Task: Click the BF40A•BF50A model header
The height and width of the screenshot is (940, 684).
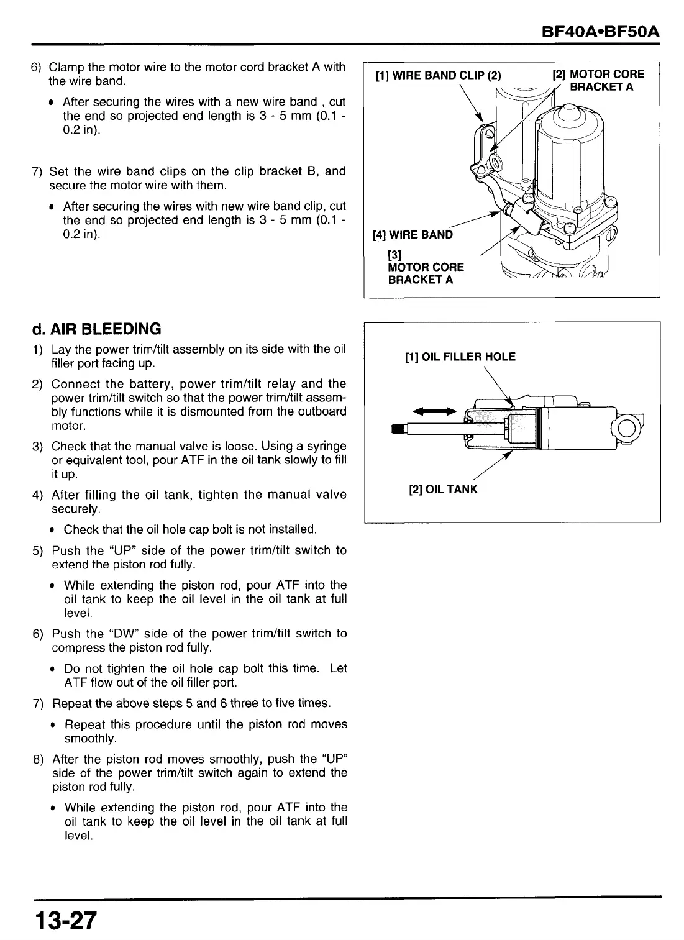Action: (x=600, y=32)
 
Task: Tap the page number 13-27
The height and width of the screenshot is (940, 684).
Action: (x=66, y=919)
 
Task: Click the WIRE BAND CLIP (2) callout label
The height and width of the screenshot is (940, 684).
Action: (x=438, y=76)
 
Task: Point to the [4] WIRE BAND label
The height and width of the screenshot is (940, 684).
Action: (x=413, y=235)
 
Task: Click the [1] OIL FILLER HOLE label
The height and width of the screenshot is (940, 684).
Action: (x=460, y=357)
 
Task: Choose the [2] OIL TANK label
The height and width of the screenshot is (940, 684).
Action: (x=443, y=490)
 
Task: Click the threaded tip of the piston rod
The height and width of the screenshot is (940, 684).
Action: (x=398, y=427)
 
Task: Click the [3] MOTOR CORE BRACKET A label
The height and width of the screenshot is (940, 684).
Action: (x=425, y=267)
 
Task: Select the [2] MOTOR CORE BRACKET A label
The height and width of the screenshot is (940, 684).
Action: (x=599, y=80)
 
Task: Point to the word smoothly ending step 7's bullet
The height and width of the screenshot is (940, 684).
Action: (x=90, y=739)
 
